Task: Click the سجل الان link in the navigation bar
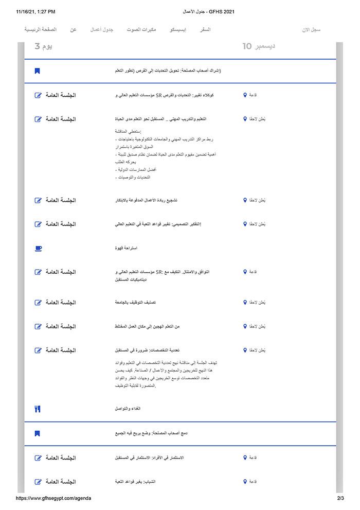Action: [x=312, y=30]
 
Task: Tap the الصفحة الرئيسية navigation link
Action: [x=41, y=30]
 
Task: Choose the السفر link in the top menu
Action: [x=205, y=30]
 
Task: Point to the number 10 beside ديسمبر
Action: [x=247, y=46]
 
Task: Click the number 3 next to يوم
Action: [x=37, y=46]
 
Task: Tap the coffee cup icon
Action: [x=38, y=248]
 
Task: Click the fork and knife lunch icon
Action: [x=37, y=409]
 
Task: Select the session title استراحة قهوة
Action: [x=126, y=248]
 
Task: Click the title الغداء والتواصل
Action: [x=128, y=409]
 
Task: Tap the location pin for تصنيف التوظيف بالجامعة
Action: [x=245, y=303]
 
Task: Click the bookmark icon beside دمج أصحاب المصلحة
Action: [x=37, y=433]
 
